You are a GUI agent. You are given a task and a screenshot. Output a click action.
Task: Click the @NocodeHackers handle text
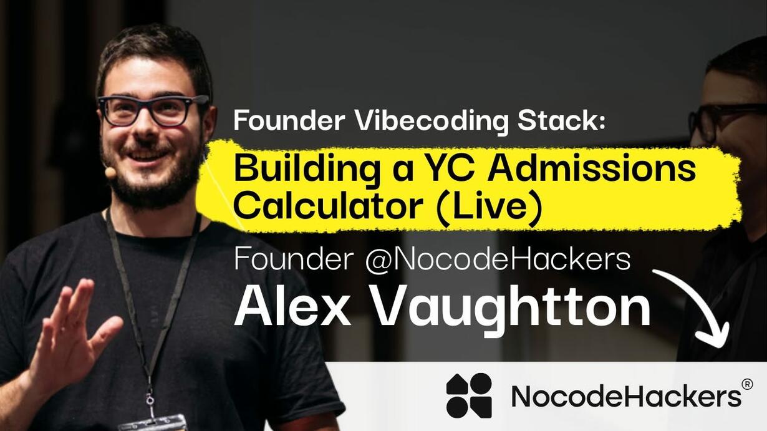coord(498,259)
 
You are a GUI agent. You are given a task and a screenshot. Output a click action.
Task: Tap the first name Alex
coord(293,306)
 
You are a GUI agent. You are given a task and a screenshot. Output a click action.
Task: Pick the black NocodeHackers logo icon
coord(469,395)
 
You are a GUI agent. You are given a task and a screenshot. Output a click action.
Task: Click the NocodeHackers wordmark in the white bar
coord(627,397)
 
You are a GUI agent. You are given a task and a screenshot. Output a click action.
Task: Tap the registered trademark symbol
coord(747,385)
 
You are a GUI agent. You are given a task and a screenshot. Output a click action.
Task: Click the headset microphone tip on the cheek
coord(110,173)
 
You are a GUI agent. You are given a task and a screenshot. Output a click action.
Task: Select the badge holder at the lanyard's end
coord(152,423)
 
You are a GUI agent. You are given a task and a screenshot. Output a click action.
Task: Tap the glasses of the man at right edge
coord(726,120)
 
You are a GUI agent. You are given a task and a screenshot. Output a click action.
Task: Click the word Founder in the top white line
coord(289,121)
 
